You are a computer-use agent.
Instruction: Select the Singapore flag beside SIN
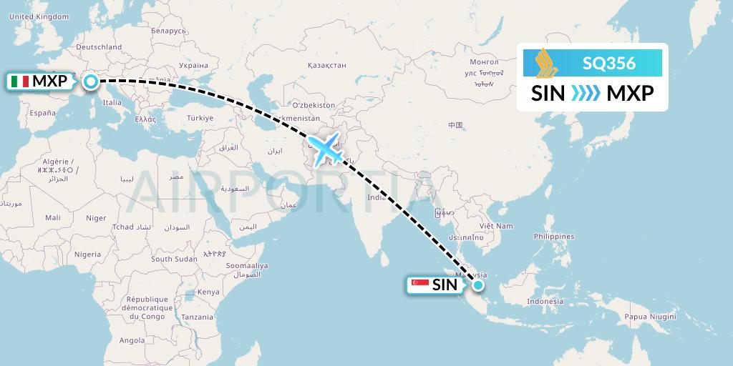(420, 285)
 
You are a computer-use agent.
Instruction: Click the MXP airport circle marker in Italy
(92, 81)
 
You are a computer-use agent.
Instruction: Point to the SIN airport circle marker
(477, 285)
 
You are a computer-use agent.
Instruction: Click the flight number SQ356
(608, 64)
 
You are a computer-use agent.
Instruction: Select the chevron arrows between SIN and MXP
(586, 93)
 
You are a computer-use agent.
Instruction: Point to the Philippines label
(554, 237)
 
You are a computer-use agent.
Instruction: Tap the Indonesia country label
(545, 302)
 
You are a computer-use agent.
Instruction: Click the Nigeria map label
(87, 254)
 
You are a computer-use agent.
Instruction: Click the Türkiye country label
(200, 118)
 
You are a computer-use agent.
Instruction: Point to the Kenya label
(208, 292)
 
